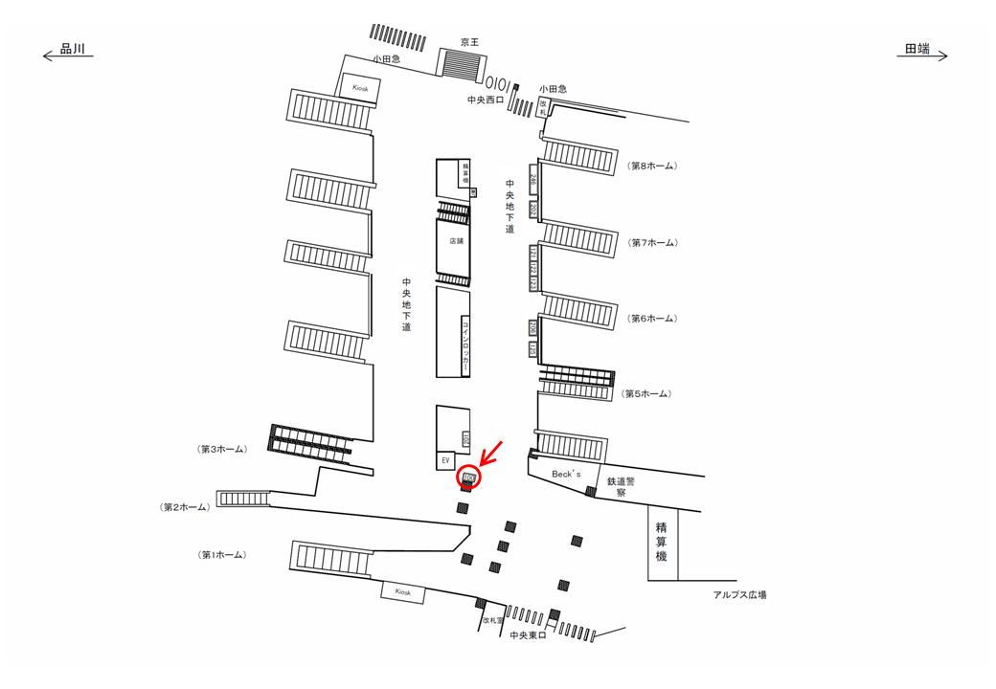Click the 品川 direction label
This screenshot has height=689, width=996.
pyautogui.click(x=74, y=50)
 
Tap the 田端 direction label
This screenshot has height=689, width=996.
pyautogui.click(x=917, y=50)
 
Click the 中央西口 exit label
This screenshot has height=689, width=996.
pyautogui.click(x=485, y=100)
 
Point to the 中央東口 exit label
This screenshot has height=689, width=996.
pyautogui.click(x=527, y=634)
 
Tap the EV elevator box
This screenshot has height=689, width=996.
pyautogui.click(x=445, y=461)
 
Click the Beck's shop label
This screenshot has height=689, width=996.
pyautogui.click(x=567, y=474)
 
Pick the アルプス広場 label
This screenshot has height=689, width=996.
pyautogui.click(x=739, y=594)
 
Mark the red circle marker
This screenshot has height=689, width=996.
pyautogui.click(x=468, y=476)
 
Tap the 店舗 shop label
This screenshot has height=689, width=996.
pyautogui.click(x=455, y=242)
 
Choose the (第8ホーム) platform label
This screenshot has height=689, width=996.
pyautogui.click(x=653, y=166)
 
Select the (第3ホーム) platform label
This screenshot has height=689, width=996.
pyautogui.click(x=223, y=449)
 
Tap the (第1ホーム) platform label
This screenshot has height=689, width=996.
pyautogui.click(x=222, y=555)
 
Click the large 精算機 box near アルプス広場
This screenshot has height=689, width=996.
pyautogui.click(x=662, y=542)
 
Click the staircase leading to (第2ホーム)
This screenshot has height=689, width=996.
pyautogui.click(x=244, y=498)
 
